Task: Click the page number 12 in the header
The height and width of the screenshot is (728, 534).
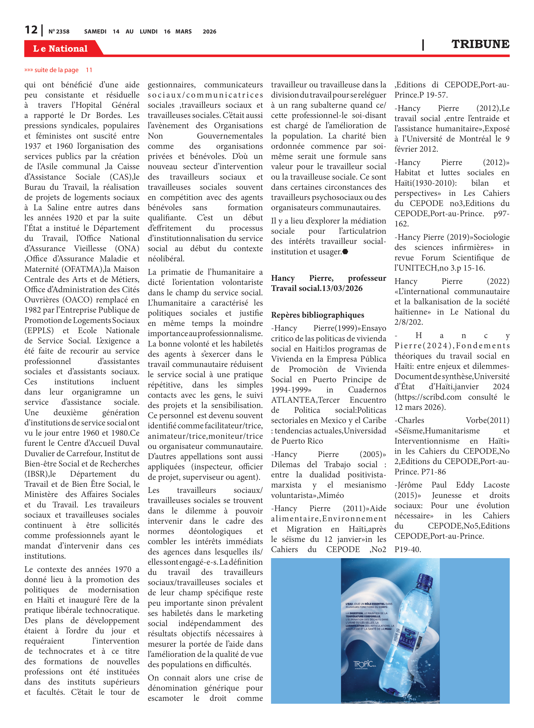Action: click(x=31, y=30)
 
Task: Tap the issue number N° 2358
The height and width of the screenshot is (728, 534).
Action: click(x=59, y=32)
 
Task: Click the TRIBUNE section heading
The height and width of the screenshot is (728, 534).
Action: click(x=480, y=44)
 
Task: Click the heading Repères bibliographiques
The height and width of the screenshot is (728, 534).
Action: click(x=317, y=315)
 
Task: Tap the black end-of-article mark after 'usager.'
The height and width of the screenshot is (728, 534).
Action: click(x=345, y=252)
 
